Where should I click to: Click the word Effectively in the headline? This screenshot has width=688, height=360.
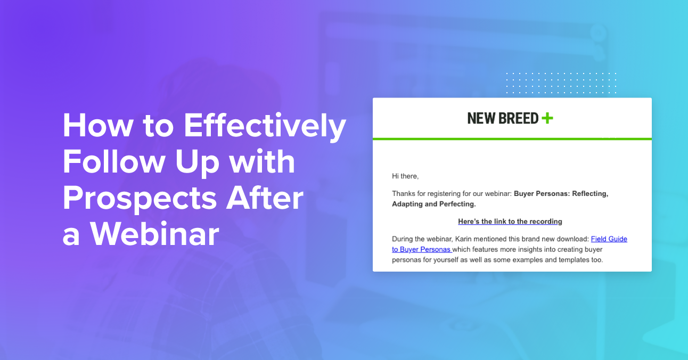(x=265, y=126)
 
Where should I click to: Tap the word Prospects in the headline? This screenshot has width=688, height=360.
(x=140, y=198)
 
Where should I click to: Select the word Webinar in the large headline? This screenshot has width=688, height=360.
(x=154, y=234)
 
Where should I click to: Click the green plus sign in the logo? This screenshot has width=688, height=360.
(x=547, y=118)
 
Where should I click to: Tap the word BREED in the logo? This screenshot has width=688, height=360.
(x=518, y=118)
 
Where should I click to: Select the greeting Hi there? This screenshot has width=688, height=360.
(x=405, y=176)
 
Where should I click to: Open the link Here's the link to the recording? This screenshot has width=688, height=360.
(x=510, y=222)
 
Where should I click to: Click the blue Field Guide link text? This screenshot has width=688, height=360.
(x=609, y=239)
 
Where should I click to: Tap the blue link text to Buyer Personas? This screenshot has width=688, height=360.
(x=421, y=249)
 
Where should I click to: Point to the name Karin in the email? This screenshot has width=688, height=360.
(x=463, y=239)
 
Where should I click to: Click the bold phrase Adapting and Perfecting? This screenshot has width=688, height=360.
(x=433, y=204)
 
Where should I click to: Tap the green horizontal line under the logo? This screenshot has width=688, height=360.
(x=512, y=139)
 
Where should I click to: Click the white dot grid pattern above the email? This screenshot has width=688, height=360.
(x=561, y=83)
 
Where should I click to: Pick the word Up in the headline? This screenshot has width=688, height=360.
(x=197, y=163)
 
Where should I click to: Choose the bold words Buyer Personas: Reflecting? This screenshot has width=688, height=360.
(x=561, y=194)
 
